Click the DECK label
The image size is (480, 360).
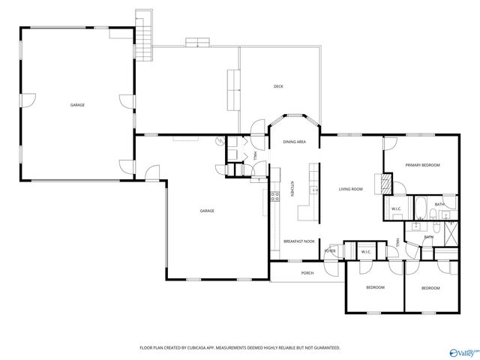coord(278,86)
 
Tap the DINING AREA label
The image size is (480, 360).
coord(294,142)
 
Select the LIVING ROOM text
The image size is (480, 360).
coord(350,189)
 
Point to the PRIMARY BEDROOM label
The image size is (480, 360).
coord(422,165)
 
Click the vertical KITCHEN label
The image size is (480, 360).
coord(292,192)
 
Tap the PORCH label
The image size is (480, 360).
coord(307,273)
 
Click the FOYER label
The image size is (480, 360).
coord(330,250)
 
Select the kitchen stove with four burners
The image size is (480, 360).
coord(275,196)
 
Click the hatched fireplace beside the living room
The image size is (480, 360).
coord(387,184)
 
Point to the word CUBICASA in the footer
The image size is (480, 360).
coord(196,348)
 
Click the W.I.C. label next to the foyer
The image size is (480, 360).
coord(366,252)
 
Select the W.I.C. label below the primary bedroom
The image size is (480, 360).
coord(396,208)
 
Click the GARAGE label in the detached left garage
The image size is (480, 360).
coord(77,105)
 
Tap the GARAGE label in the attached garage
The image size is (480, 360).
coord(207,211)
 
